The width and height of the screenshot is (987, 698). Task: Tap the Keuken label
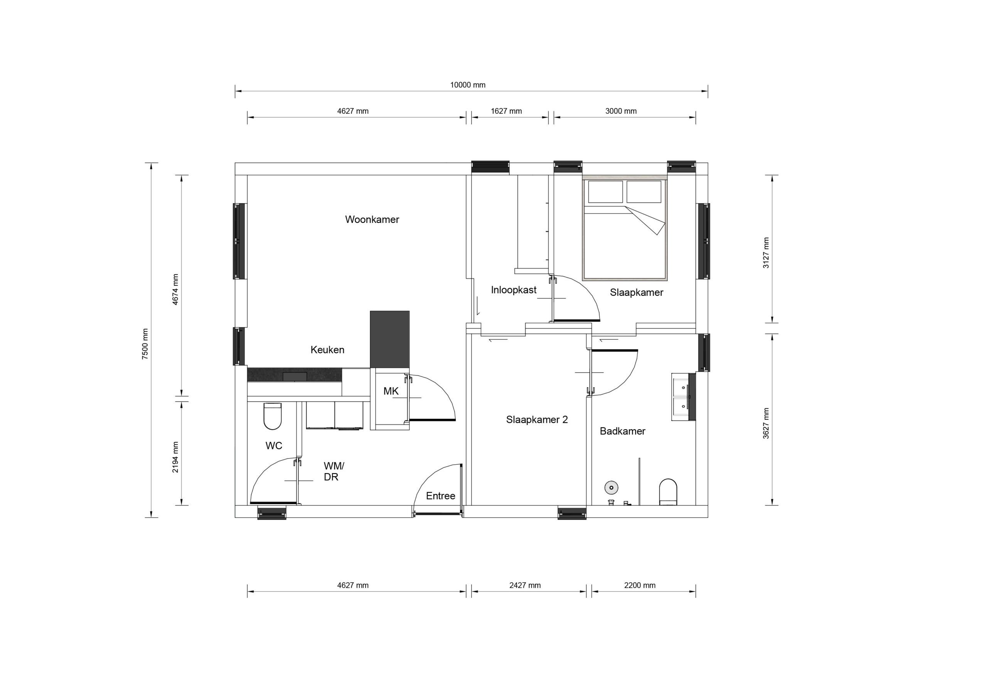click(327, 350)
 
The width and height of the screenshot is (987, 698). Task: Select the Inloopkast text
click(513, 290)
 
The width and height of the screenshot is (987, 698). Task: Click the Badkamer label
click(622, 432)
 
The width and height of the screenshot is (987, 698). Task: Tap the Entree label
click(440, 496)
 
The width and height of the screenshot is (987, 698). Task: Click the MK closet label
click(391, 391)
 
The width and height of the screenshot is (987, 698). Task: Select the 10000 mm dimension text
click(467, 85)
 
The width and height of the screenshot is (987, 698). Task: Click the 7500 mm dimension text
click(145, 344)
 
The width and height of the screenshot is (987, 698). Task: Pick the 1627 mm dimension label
click(506, 111)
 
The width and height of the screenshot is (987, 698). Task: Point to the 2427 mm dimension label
click(524, 585)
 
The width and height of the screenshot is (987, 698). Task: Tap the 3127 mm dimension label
click(766, 253)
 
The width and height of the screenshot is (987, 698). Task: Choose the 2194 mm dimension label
click(175, 457)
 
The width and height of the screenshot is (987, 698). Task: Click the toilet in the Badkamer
click(668, 492)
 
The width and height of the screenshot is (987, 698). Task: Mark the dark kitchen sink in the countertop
click(295, 377)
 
